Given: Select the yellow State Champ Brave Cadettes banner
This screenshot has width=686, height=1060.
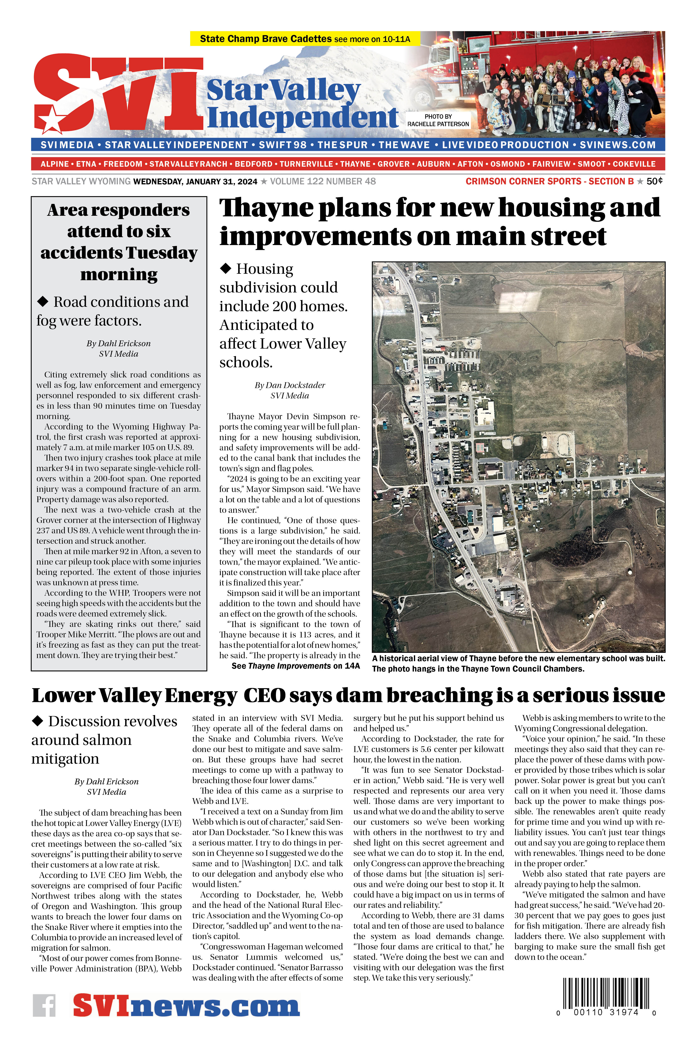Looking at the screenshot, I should [305, 39].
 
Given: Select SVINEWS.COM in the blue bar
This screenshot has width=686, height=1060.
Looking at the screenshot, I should [617, 145].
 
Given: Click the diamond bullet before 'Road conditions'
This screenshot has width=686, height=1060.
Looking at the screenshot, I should [43, 302].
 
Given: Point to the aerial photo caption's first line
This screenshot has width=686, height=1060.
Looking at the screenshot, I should [518, 658].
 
